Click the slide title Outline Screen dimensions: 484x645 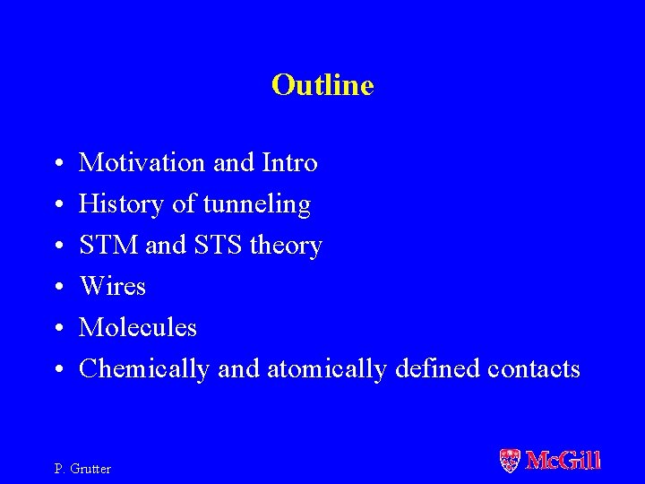click(x=322, y=85)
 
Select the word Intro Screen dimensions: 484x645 click(x=289, y=163)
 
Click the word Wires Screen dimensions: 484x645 click(x=112, y=287)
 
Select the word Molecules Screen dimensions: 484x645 click(x=138, y=328)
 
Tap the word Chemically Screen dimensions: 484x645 click(x=143, y=369)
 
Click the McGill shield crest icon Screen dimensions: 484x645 click(x=509, y=461)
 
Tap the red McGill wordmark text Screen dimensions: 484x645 click(x=563, y=461)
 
